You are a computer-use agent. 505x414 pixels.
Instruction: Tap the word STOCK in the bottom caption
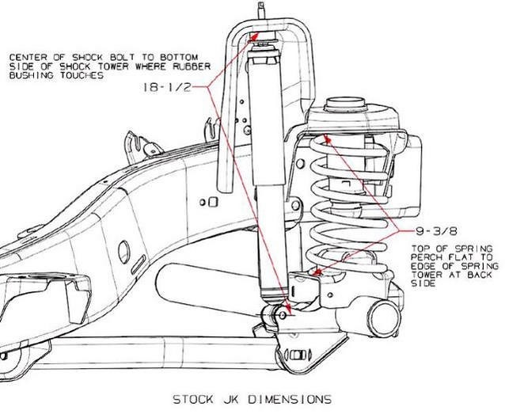tap(193, 398)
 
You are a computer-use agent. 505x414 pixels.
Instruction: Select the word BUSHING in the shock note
tap(28, 77)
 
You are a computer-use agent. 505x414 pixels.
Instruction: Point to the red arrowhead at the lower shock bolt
tap(287, 309)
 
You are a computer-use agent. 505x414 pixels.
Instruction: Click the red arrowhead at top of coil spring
tap(327, 143)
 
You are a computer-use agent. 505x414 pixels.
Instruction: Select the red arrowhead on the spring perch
tap(317, 273)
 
